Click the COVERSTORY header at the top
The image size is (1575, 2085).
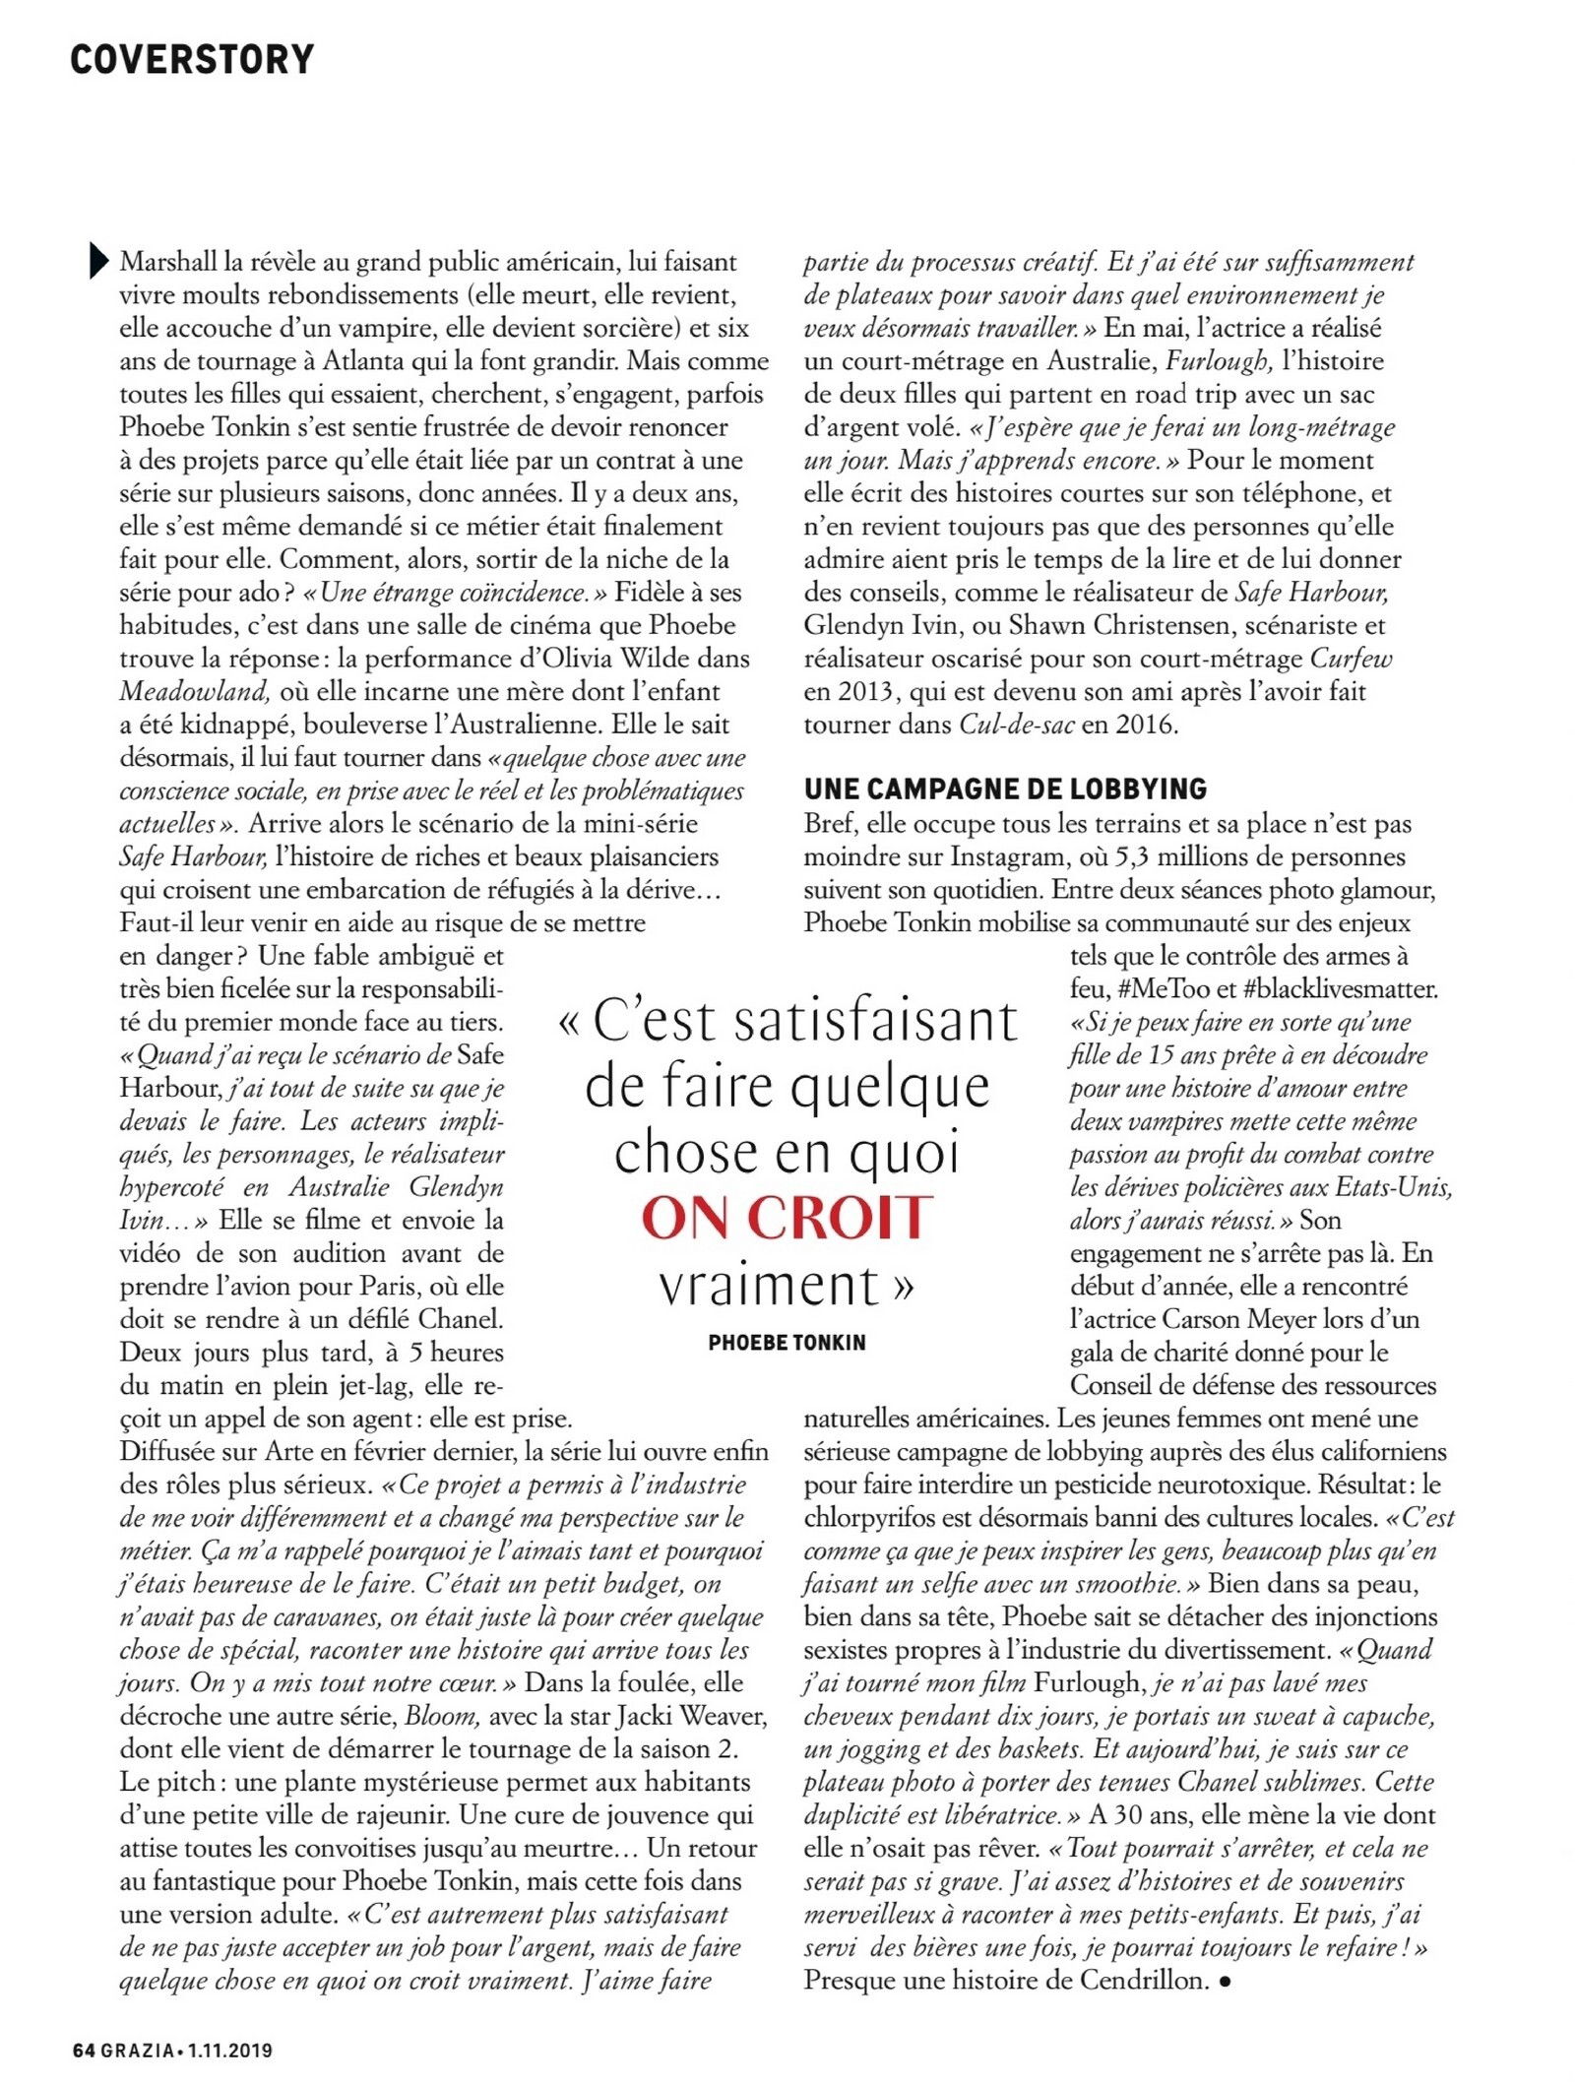[192, 60]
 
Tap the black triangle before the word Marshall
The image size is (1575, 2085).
[98, 261]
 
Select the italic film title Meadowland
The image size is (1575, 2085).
[194, 691]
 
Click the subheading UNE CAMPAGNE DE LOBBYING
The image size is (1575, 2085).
[1005, 789]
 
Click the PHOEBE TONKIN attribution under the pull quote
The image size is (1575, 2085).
[787, 1343]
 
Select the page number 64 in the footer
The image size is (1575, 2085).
[84, 2051]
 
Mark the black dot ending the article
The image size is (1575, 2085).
[1225, 1982]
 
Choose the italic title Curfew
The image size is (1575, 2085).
[1351, 658]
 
